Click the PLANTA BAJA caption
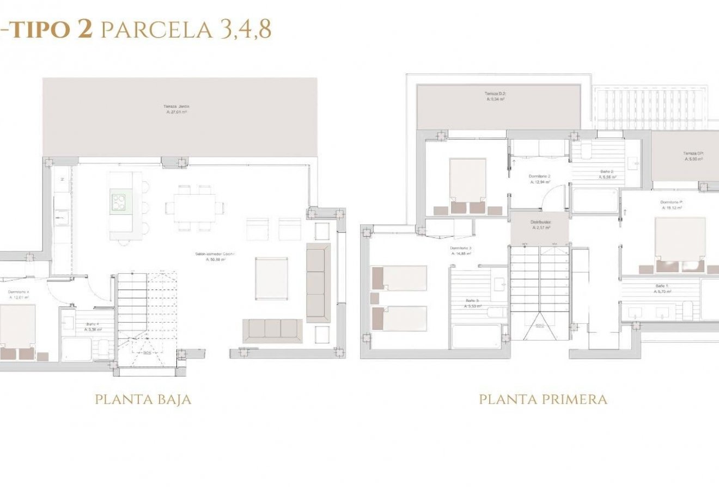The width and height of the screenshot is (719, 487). tap(143, 399)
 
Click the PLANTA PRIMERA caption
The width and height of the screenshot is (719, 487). tap(543, 399)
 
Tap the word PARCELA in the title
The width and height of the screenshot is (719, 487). tap(157, 30)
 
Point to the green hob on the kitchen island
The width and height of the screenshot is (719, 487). tap(120, 202)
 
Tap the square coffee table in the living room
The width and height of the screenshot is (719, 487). tap(271, 278)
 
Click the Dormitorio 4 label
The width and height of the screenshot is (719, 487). tap(18, 294)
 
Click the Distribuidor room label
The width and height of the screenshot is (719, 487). tap(540, 225)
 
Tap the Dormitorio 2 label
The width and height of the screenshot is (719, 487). tap(539, 179)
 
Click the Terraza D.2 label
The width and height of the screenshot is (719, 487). tap(495, 96)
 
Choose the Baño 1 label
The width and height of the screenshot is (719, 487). tap(662, 288)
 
